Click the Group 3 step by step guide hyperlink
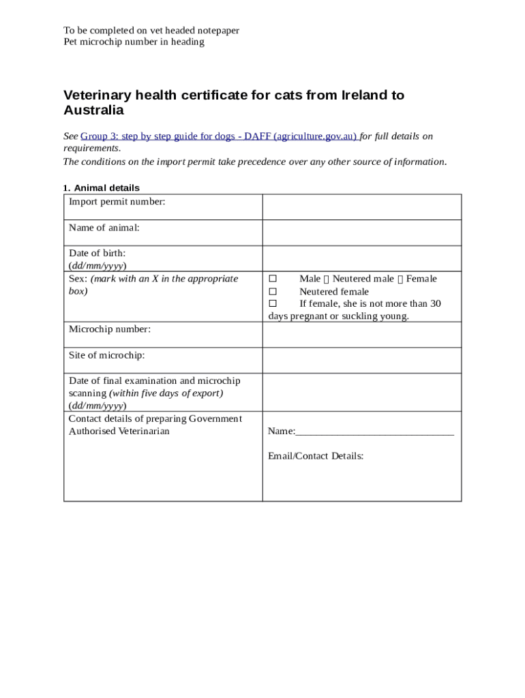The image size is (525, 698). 219,136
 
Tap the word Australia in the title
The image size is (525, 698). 93,110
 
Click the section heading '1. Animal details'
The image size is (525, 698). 102,187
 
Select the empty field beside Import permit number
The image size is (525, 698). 361,207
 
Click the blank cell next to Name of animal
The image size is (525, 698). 361,232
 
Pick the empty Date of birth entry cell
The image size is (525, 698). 361,258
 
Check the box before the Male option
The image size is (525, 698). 273,279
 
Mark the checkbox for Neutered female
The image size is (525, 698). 273,292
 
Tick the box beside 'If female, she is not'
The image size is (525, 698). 273,304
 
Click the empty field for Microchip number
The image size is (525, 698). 361,335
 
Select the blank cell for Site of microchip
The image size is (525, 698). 361,360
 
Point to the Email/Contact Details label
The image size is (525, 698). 316,456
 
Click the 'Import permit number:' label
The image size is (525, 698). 117,202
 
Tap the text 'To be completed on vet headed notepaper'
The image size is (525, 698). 151,31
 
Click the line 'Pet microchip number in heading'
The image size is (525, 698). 134,42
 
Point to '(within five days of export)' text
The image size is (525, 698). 166,393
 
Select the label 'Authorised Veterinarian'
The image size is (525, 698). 119,431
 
